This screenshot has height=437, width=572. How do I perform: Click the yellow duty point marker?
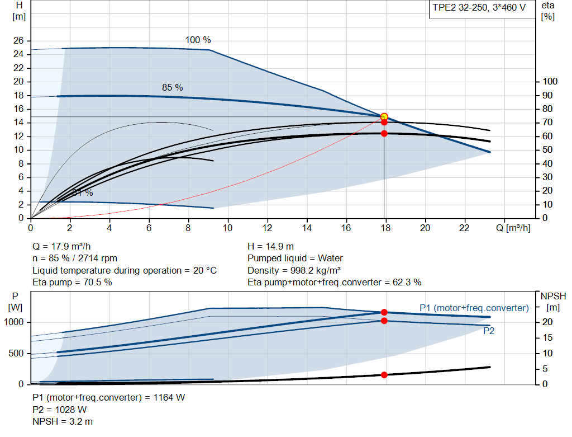pos(384,116)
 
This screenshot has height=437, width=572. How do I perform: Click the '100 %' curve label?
pos(198,40)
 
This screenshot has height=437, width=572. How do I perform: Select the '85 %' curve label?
pos(172,88)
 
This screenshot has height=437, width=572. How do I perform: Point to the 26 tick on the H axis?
pos(19,41)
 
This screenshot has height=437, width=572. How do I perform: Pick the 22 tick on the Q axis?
pos(464,228)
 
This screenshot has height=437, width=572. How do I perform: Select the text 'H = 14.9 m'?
pos(270,246)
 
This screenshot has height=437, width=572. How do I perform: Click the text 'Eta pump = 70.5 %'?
pos(71,282)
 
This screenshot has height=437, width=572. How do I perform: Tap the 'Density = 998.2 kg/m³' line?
pos(294,270)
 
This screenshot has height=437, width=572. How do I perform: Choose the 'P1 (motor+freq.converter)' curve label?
pos(474,308)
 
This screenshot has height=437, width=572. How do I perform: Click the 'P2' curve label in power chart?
pos(489,331)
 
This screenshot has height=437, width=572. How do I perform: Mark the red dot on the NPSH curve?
pos(384,374)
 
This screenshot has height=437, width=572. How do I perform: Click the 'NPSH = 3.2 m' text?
pos(63,421)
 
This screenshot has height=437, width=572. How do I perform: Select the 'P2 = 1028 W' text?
pos(60,410)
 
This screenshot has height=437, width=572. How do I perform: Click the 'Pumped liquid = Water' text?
pos(295,259)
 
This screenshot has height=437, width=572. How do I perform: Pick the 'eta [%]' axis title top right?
pos(547,11)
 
